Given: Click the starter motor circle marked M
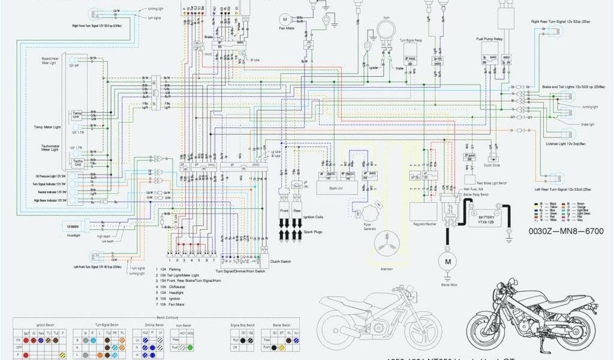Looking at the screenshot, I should (x=447, y=261).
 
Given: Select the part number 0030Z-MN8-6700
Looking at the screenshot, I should (x=565, y=230).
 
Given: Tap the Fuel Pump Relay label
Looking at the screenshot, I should (x=489, y=39).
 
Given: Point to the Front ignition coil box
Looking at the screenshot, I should (x=285, y=212).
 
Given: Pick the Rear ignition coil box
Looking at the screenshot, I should (x=298, y=212).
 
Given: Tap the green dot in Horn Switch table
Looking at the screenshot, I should (x=190, y=347).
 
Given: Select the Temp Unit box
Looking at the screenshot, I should (x=77, y=114).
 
